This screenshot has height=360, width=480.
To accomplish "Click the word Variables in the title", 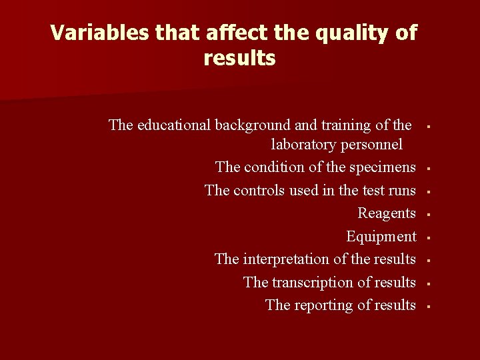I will (90, 32).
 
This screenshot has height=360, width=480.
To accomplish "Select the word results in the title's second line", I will (239, 59).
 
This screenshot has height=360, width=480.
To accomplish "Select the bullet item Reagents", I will (387, 213).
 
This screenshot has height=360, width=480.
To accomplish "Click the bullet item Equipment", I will (381, 237).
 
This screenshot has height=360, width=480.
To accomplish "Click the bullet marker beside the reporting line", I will (430, 307).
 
